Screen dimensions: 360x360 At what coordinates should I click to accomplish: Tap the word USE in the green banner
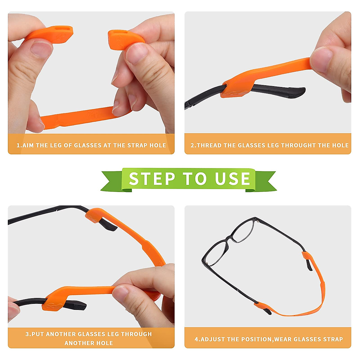pos(232,179)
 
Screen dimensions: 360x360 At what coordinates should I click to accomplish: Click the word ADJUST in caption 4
pos(213,339)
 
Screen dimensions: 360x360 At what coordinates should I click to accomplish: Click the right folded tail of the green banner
pos(265,181)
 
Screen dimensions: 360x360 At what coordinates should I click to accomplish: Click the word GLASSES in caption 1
pos(88,145)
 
